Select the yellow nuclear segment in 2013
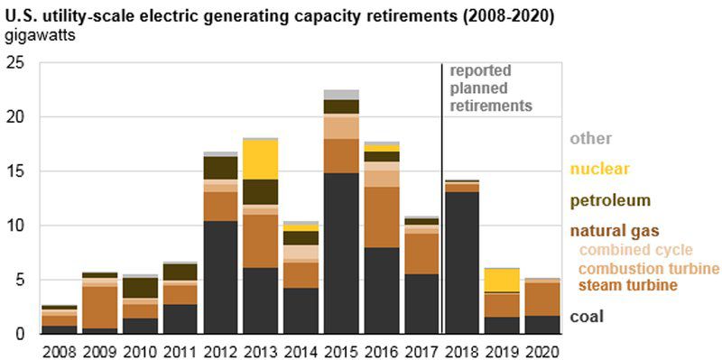[x=261, y=159]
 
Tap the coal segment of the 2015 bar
[x=340, y=253]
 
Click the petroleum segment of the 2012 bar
[x=220, y=168]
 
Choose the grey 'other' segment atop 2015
[x=340, y=95]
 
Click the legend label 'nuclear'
[x=599, y=169]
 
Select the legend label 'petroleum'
[x=610, y=200]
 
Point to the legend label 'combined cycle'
[x=634, y=250]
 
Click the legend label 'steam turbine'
[x=628, y=286]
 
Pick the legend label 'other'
[x=590, y=138]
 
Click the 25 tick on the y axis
[x=14, y=63]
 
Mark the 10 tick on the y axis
[x=14, y=226]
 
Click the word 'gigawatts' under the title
[x=41, y=36]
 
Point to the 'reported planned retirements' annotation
[x=491, y=88]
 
